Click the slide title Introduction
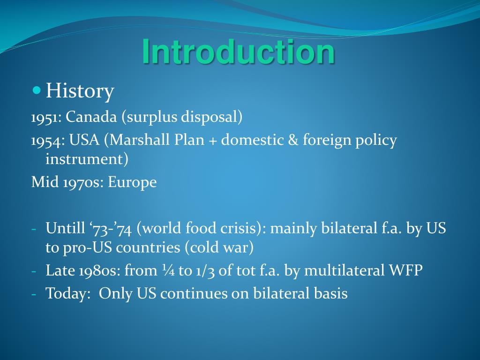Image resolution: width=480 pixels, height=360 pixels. point(239,52)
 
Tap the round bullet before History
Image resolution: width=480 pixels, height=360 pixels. point(37,89)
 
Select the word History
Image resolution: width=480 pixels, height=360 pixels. point(80,91)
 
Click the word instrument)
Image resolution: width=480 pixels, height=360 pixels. point(87,159)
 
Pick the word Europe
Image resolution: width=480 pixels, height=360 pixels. point(132,182)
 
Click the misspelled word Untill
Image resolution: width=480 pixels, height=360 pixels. point(64,228)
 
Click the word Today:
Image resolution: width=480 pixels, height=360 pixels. point(67,293)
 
